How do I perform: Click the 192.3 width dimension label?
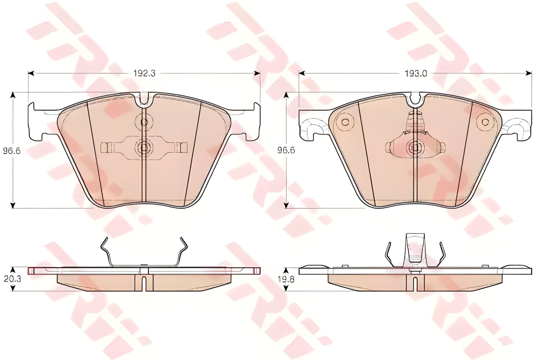144,73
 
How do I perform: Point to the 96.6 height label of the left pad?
12,151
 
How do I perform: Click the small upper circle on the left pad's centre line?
144,122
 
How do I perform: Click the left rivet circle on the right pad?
345,122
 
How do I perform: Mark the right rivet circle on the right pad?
485,122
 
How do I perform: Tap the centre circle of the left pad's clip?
144,147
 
